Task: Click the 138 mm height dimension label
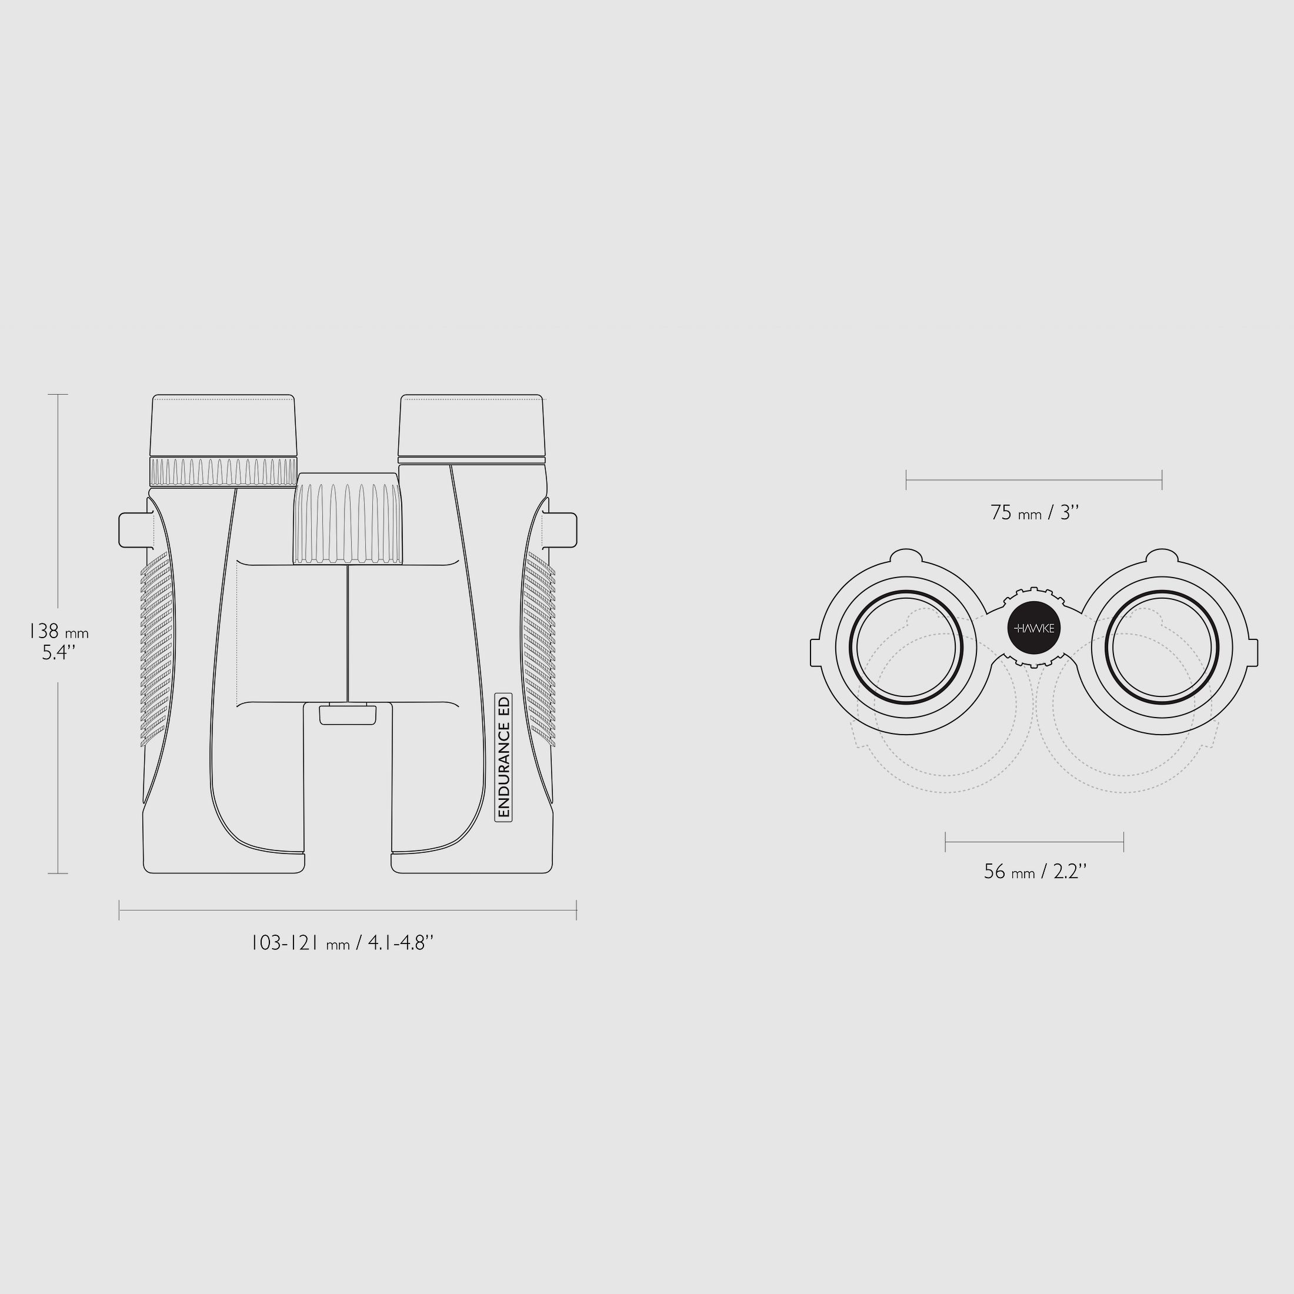coord(58,642)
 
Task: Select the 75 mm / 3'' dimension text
coord(1035,513)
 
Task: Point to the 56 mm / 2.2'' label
coord(1035,871)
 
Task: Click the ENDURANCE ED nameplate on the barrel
coord(503,757)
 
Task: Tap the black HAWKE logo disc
coord(1035,628)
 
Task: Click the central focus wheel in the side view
coord(349,518)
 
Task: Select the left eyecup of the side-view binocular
coord(223,425)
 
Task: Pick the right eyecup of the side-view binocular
coord(472,426)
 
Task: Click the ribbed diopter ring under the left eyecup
coord(224,472)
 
